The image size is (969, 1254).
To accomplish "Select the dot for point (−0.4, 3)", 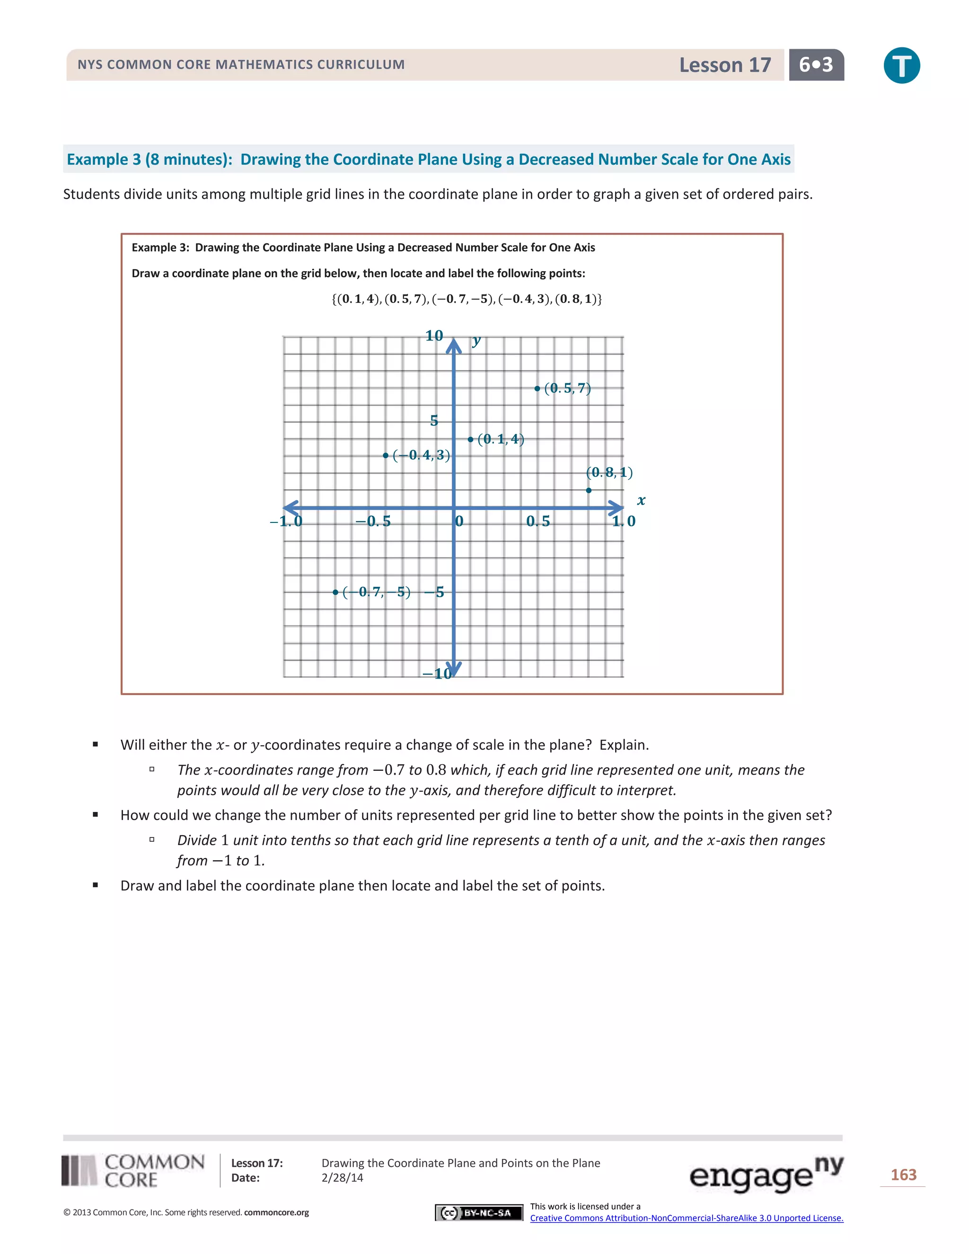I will point(386,455).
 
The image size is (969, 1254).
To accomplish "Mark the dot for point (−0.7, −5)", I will point(335,592).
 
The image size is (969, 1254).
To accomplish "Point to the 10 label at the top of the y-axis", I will point(434,336).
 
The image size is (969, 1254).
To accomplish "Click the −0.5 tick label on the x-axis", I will point(373,521).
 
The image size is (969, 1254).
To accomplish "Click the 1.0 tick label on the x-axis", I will point(624,521).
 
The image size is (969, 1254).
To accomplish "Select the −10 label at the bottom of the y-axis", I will point(438,673).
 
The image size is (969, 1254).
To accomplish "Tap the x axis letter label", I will point(641,501).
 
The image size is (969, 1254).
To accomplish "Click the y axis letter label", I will point(476,341).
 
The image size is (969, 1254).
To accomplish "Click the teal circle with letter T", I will point(901,65).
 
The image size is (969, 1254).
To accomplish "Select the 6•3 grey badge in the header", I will point(816,65).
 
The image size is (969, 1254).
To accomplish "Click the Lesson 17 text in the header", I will point(725,65).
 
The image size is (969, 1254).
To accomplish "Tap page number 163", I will point(903,1175).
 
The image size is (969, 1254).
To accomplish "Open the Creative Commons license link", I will point(687,1218).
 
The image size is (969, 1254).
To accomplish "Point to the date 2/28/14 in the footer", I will point(342,1178).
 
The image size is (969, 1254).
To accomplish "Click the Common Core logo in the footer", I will point(133,1171).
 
